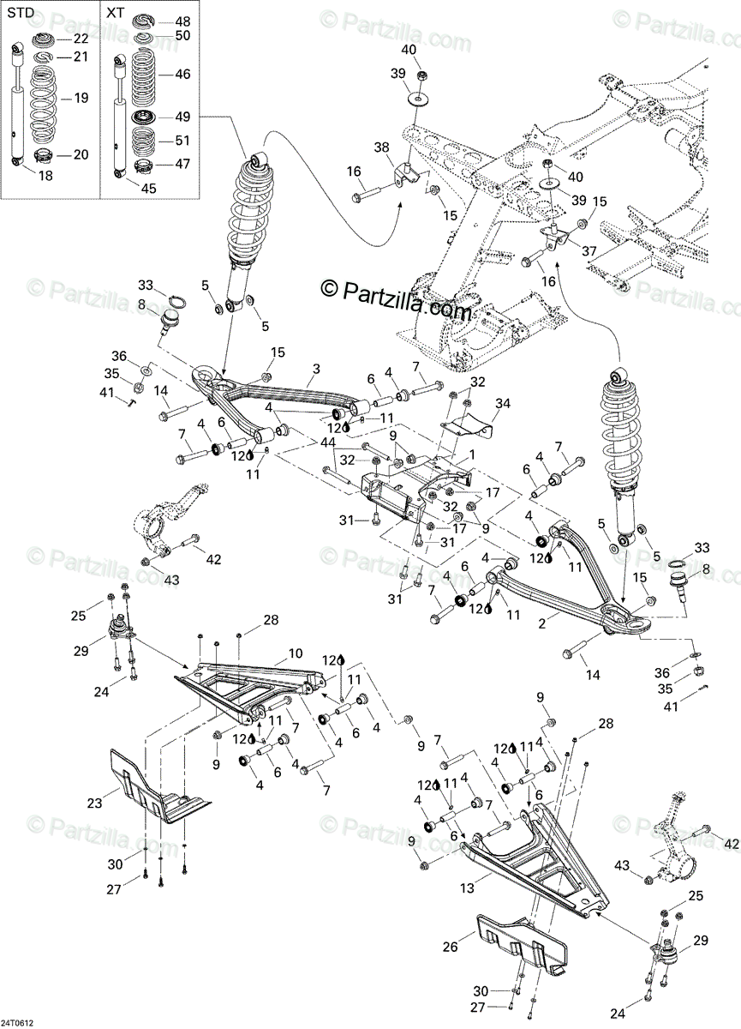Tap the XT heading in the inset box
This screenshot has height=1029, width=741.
point(114,14)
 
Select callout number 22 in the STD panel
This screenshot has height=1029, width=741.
point(80,39)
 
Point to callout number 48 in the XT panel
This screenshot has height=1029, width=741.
point(182,21)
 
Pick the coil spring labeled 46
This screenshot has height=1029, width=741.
point(147,75)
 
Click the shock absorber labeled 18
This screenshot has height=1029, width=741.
point(18,107)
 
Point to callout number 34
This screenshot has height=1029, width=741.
point(502,403)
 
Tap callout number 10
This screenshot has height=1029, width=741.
point(295,653)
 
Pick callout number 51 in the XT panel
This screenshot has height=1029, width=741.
point(182,140)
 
